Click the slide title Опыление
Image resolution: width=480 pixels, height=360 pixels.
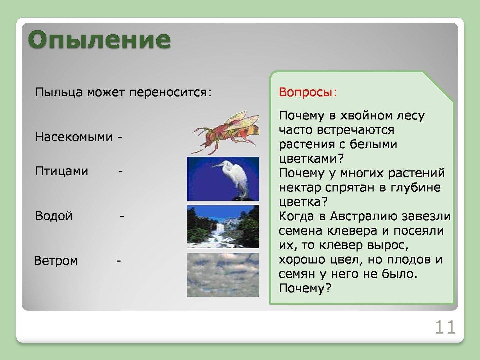99,40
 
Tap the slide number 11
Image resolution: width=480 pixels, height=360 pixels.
445,327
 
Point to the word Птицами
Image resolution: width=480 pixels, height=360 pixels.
61,171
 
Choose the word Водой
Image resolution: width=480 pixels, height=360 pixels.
54,216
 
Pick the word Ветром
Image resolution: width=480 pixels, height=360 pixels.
56,261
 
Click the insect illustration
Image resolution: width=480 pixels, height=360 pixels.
225,133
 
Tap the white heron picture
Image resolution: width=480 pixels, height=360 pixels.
223,179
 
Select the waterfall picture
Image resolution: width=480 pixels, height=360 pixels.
223,226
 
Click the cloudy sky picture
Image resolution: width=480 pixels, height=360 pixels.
223,275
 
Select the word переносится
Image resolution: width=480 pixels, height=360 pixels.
171,92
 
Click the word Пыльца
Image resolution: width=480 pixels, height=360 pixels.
59,92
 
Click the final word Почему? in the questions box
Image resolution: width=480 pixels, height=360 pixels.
305,288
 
